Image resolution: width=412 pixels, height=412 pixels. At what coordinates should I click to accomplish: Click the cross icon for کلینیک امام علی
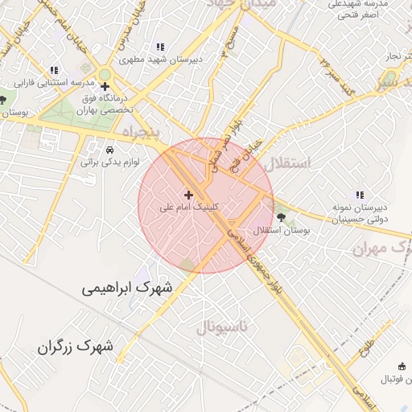pyautogui.click(x=189, y=194)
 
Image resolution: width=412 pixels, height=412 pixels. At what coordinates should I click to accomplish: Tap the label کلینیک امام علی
pyautogui.click(x=189, y=207)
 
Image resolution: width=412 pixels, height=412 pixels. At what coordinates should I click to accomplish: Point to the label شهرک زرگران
pyautogui.click(x=75, y=348)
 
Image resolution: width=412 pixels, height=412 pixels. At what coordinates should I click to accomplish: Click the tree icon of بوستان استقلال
pyautogui.click(x=281, y=216)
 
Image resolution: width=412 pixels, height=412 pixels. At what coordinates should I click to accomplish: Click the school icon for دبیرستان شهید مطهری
pyautogui.click(x=161, y=47)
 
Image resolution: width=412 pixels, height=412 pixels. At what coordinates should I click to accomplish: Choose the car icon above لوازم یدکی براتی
pyautogui.click(x=109, y=149)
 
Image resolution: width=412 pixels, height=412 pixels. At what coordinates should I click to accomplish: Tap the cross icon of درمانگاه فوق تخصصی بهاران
pyautogui.click(x=105, y=86)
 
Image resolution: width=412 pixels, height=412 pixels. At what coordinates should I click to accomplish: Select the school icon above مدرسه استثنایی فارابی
pyautogui.click(x=54, y=70)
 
